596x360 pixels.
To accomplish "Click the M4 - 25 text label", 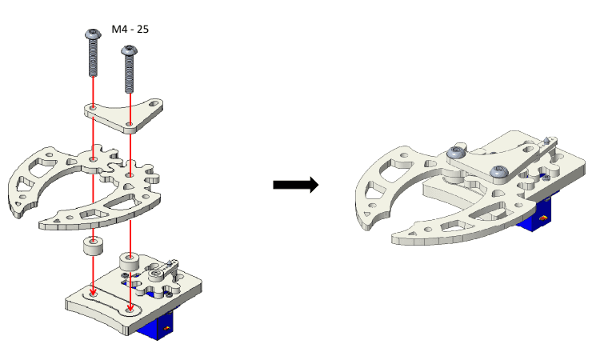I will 130,30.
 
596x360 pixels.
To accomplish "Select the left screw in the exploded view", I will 91,53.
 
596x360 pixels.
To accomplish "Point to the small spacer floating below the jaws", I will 94,245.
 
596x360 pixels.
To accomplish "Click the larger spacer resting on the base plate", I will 130,262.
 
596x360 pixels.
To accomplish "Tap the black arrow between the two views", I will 295,185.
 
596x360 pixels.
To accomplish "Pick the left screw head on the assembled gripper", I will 455,152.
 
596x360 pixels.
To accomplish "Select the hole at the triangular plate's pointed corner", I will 154,103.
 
